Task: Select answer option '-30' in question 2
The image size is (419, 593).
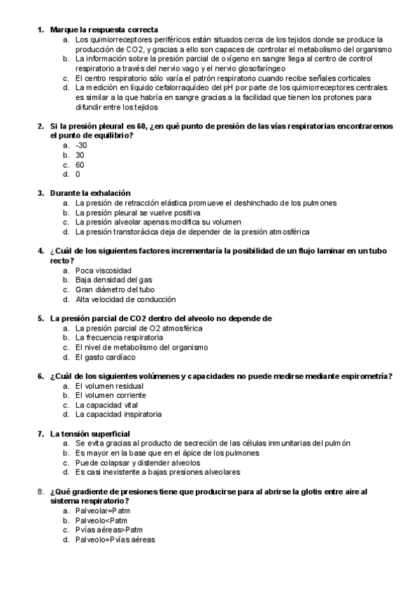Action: click(x=80, y=145)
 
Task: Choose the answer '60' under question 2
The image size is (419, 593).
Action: click(x=80, y=164)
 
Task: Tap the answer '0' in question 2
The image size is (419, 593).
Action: click(x=78, y=174)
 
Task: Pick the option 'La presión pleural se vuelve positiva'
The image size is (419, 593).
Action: click(x=138, y=212)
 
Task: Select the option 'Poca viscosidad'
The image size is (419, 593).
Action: click(x=103, y=270)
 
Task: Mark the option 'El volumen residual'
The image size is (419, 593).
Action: click(x=109, y=385)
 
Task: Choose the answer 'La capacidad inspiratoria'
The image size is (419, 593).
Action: click(x=118, y=415)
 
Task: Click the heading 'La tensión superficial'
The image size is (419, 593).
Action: click(x=90, y=434)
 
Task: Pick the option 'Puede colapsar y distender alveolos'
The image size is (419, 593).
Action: click(x=137, y=462)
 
